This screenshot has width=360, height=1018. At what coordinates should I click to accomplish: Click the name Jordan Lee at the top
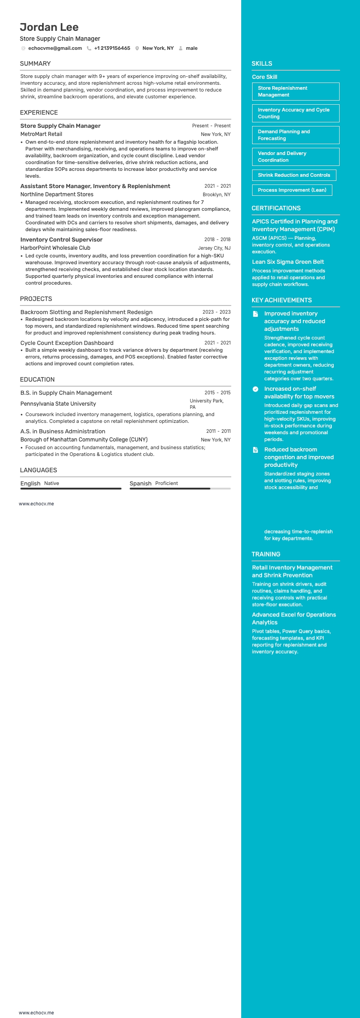tap(49, 27)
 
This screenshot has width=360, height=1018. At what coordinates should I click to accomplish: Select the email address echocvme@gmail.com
tap(55, 48)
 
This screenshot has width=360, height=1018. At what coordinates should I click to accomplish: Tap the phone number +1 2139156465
tap(112, 48)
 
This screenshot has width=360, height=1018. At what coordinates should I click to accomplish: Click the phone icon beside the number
tap(89, 48)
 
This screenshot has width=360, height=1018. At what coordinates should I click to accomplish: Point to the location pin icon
tap(137, 48)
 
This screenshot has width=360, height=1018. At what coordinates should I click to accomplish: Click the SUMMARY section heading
tap(35, 63)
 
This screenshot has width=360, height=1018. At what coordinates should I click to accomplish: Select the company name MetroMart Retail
tap(41, 134)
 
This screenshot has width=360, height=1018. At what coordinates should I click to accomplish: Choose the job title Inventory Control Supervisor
tap(61, 239)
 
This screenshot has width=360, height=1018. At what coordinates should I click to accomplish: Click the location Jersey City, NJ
tap(214, 248)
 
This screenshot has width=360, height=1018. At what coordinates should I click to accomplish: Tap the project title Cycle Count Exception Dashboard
tap(67, 343)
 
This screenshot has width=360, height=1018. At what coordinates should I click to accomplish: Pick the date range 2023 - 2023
tap(216, 312)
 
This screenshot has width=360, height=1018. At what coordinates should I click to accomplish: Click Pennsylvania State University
tap(58, 404)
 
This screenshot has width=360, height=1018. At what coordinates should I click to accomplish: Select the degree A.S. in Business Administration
tap(63, 431)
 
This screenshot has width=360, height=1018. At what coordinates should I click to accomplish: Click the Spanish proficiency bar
tap(180, 489)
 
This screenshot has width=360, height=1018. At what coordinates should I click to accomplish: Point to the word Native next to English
tap(51, 483)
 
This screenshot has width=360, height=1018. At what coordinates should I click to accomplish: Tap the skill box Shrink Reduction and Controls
tap(294, 175)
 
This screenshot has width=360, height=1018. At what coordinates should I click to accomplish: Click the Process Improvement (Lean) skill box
tap(292, 190)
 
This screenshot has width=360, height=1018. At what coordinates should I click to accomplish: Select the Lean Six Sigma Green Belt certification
tap(288, 262)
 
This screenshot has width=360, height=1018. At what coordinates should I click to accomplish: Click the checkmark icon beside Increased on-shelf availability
tap(255, 389)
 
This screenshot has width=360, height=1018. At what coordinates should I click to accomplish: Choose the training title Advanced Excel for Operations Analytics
tap(294, 618)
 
